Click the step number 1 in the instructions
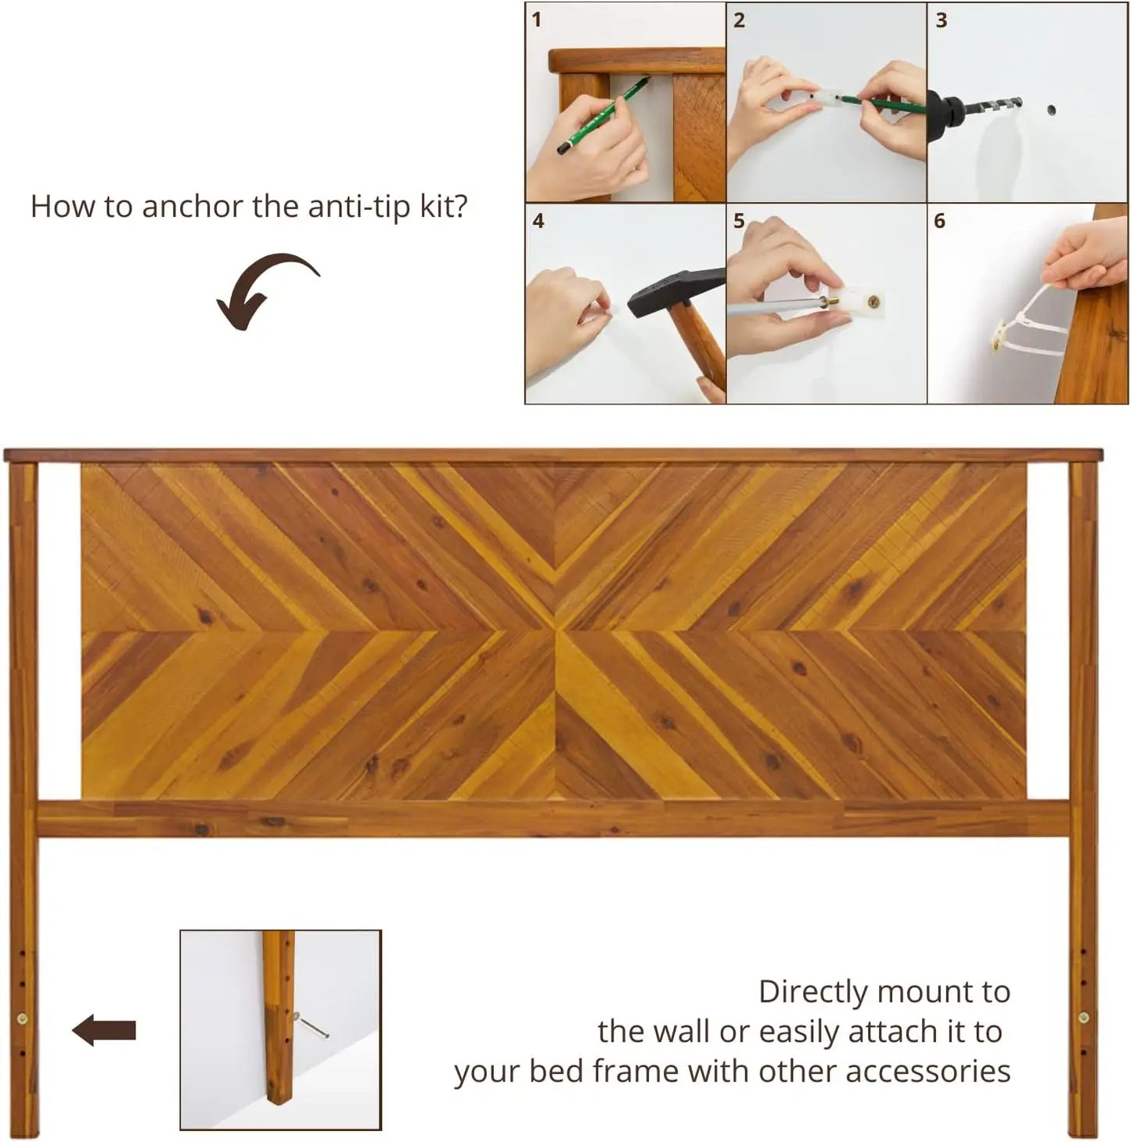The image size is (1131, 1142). pos(536,20)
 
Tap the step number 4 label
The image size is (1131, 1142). pos(538,222)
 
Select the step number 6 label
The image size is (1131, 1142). pos(939,222)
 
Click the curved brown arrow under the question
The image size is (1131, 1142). pos(266,290)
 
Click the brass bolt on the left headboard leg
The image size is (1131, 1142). pos(22,1018)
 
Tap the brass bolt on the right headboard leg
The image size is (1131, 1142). pos(1083,1018)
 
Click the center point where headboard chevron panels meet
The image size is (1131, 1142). pos(554,631)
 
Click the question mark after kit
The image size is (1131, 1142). pos(460,207)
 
